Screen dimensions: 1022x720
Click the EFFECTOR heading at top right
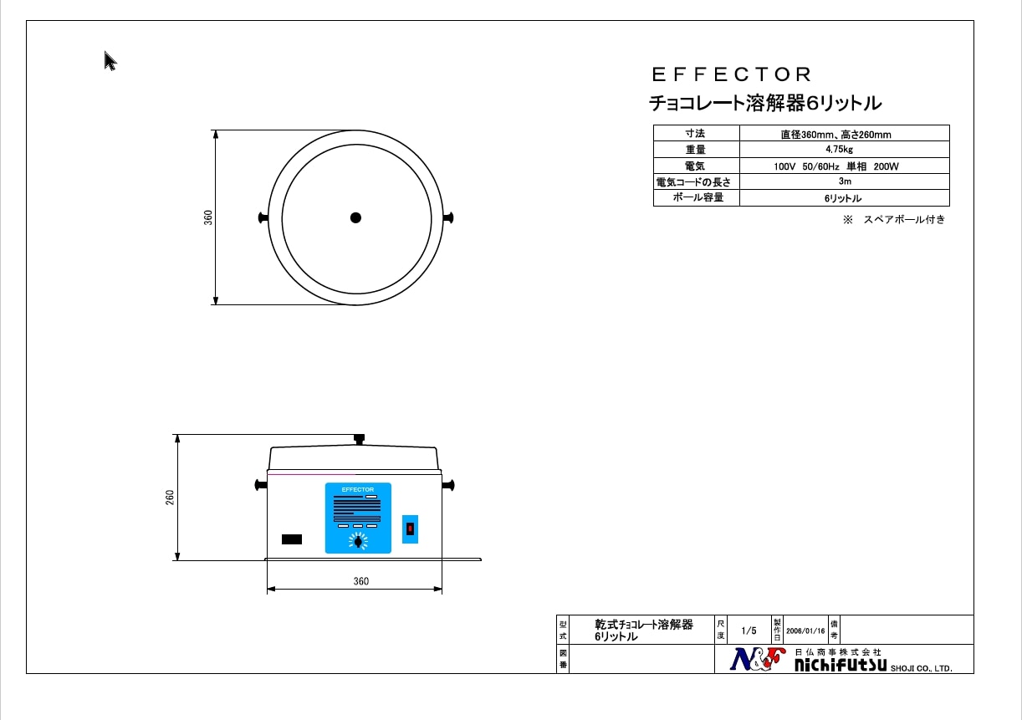pyautogui.click(x=731, y=74)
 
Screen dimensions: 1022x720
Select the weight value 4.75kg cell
pyautogui.click(x=844, y=149)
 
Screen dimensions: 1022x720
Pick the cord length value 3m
pyautogui.click(x=844, y=181)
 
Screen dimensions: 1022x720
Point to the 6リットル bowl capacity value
pyautogui.click(x=844, y=198)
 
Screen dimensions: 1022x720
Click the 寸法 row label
pyautogui.click(x=695, y=133)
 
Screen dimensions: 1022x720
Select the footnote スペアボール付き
pyautogui.click(x=904, y=219)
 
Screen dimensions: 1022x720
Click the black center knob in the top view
pyautogui.click(x=356, y=217)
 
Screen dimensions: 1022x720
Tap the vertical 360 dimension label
pyautogui.click(x=208, y=217)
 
